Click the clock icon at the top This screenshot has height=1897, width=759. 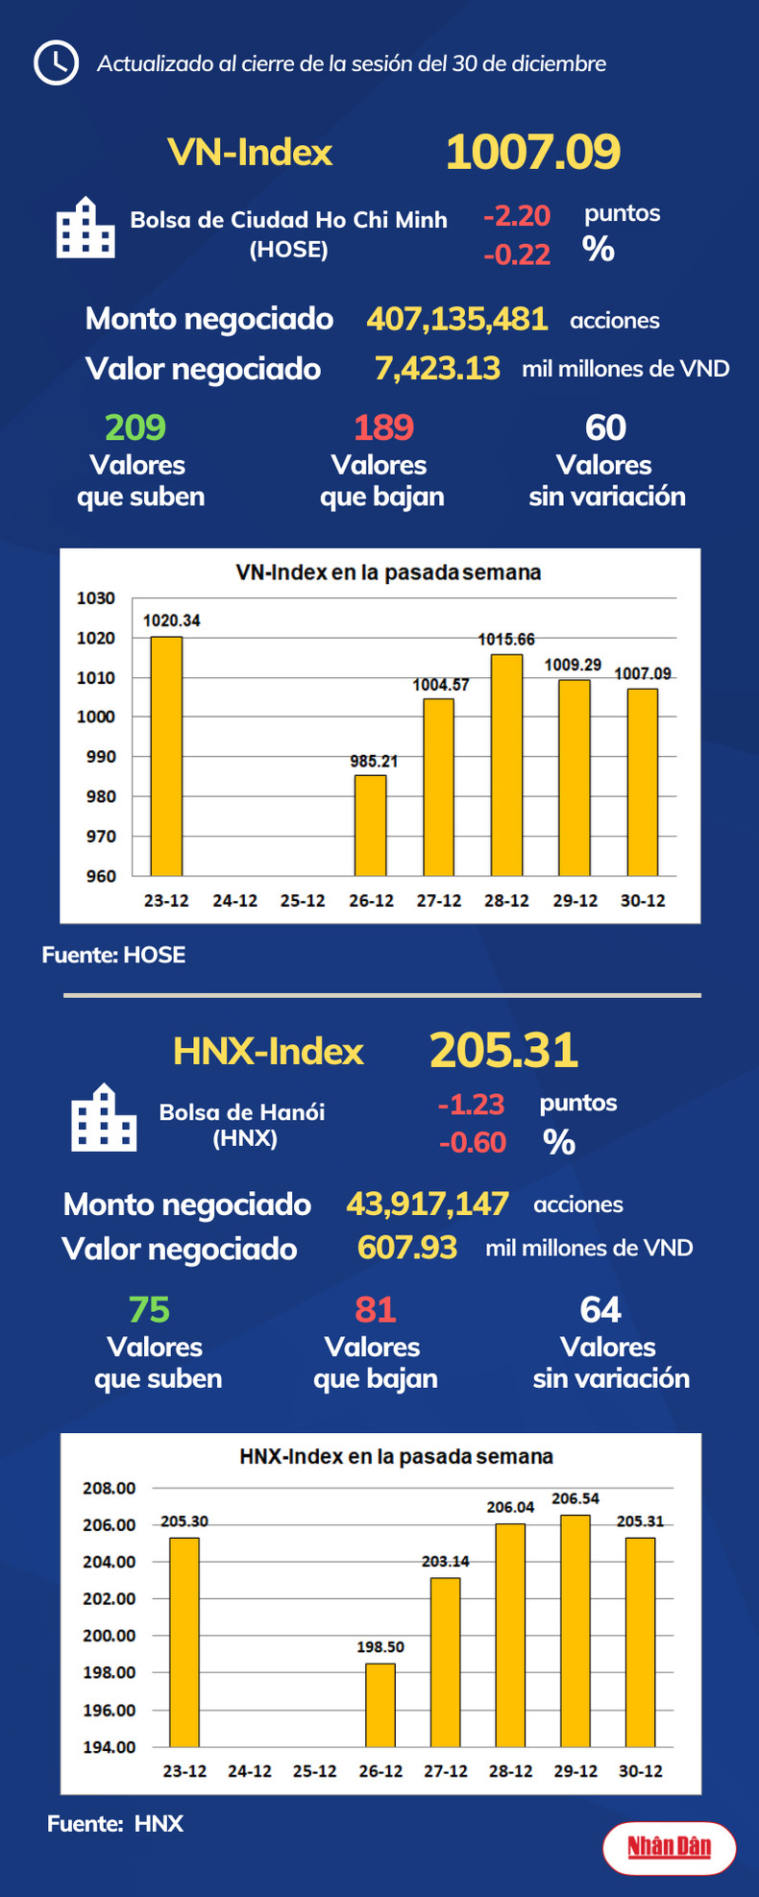[x=56, y=63]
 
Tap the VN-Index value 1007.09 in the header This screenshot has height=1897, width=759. [x=533, y=152]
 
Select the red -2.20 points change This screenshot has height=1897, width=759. [x=517, y=215]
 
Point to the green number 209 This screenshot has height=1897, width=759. [x=135, y=427]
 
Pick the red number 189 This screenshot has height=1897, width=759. [x=383, y=427]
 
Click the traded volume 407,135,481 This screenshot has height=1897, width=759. [x=457, y=319]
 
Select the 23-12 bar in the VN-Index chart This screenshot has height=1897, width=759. [x=166, y=756]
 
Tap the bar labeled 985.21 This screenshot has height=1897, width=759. [x=371, y=825]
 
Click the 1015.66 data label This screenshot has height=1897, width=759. [x=506, y=640]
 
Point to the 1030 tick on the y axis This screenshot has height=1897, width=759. [x=96, y=598]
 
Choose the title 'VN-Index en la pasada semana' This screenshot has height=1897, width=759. [x=388, y=572]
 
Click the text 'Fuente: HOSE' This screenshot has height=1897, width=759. [x=113, y=955]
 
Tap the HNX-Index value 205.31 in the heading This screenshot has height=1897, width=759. [x=503, y=1050]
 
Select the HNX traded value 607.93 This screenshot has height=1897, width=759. [x=407, y=1248]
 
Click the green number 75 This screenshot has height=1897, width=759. [x=149, y=1309]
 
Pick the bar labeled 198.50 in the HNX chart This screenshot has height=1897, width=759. [x=380, y=1704]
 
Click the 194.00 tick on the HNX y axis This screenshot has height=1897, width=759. [x=110, y=1746]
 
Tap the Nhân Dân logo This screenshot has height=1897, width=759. [x=670, y=1847]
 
